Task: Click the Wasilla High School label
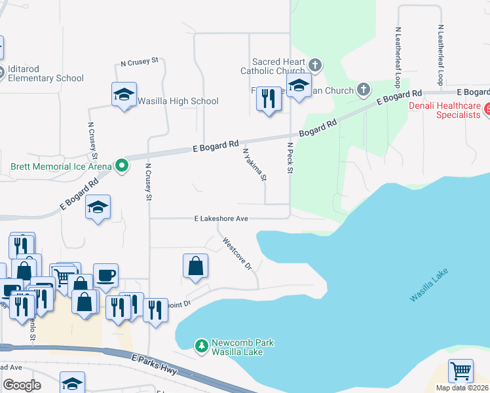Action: tap(178, 102)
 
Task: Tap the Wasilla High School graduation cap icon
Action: tap(123, 94)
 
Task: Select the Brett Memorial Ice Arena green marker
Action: tap(121, 166)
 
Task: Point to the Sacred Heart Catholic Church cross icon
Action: tap(315, 65)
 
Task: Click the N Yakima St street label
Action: tap(255, 164)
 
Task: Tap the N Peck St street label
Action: tap(287, 157)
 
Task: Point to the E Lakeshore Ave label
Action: tap(221, 219)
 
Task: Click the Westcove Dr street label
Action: tap(237, 253)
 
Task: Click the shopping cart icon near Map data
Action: tap(461, 371)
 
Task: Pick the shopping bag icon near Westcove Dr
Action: tap(195, 266)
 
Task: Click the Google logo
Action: tap(22, 385)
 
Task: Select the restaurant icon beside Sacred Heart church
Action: tap(269, 99)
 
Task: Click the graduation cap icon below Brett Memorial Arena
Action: tap(98, 208)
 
